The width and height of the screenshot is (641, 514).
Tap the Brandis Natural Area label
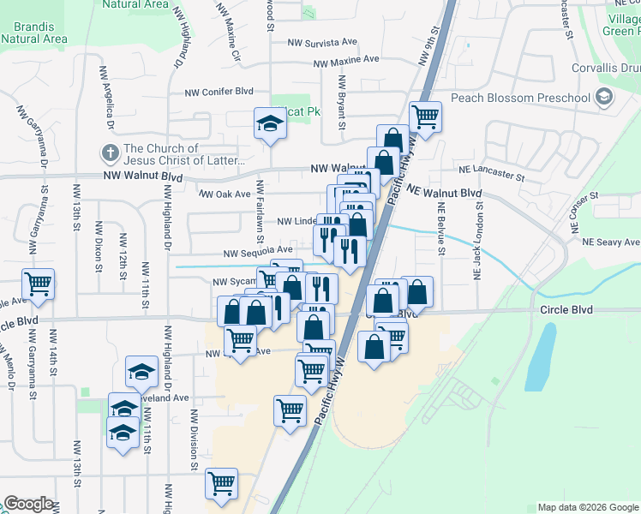pos(34,32)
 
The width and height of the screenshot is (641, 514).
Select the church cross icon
pos(110,154)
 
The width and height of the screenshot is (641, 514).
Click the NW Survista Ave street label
pos(322,42)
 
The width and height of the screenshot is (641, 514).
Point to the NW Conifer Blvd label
pos(219,92)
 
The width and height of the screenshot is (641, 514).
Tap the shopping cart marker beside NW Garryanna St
pos(38,283)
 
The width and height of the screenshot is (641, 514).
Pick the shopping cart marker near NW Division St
pos(222,483)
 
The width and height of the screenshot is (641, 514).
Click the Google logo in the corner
pos(28,504)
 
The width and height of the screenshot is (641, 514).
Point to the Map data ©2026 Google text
pos(588,507)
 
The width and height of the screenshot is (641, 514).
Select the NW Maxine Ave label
pos(346,61)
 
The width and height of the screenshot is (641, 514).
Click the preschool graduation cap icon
pos(605,97)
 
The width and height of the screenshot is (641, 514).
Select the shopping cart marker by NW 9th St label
pos(425,116)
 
